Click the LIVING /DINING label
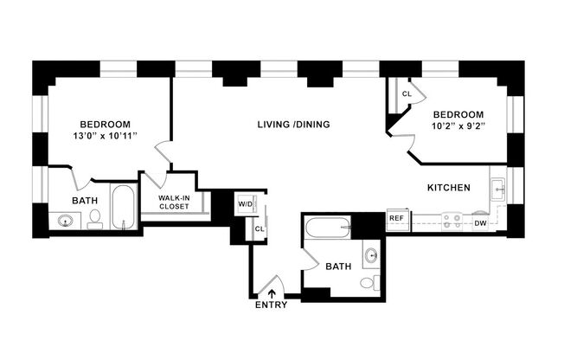(293, 125)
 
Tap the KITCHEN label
(448, 188)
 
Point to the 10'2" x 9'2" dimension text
(459, 127)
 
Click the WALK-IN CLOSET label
(180, 202)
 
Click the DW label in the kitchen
(480, 223)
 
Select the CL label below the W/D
(259, 228)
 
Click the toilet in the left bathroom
(95, 217)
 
